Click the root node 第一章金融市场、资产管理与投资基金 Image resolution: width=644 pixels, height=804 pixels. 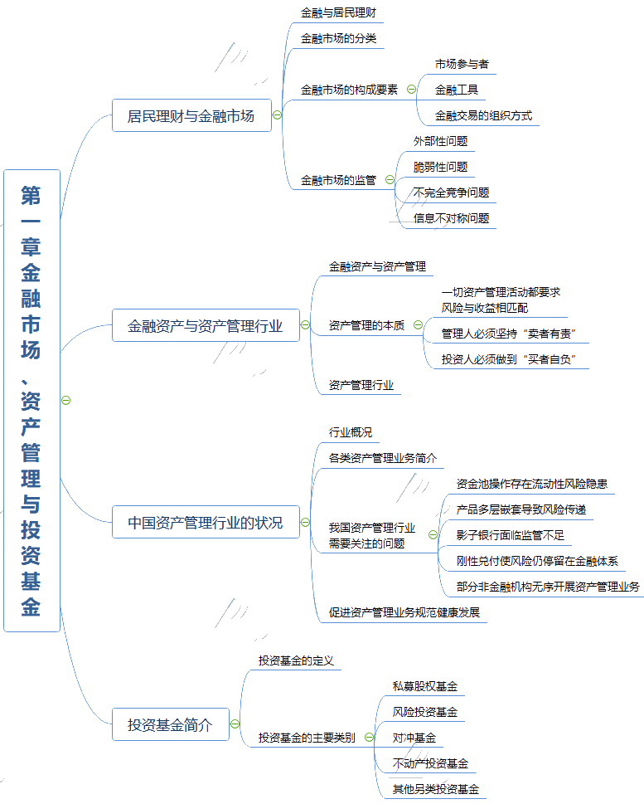[31, 400]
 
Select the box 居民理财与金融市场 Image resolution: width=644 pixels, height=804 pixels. [191, 115]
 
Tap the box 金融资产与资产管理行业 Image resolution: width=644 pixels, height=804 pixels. [206, 326]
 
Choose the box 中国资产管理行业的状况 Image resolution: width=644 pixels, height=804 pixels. [206, 523]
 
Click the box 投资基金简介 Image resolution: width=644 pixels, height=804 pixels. [170, 724]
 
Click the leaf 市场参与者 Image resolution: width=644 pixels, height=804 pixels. [462, 64]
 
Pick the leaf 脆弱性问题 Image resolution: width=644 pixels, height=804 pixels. [441, 167]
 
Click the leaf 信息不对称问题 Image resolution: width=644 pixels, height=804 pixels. [452, 218]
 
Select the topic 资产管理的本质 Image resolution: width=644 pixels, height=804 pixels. [366, 325]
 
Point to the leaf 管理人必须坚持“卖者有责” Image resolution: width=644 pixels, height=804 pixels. [509, 334]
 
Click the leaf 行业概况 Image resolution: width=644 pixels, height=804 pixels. [351, 432]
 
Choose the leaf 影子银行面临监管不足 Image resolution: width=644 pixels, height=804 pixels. [511, 535]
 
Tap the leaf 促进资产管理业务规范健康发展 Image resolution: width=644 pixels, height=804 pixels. [404, 612]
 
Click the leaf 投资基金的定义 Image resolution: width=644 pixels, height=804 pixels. [295, 660]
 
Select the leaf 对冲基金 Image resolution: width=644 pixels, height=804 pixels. [414, 737]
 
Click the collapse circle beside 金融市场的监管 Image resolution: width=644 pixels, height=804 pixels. [390, 179]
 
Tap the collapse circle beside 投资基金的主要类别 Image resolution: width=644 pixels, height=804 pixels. [369, 737]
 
